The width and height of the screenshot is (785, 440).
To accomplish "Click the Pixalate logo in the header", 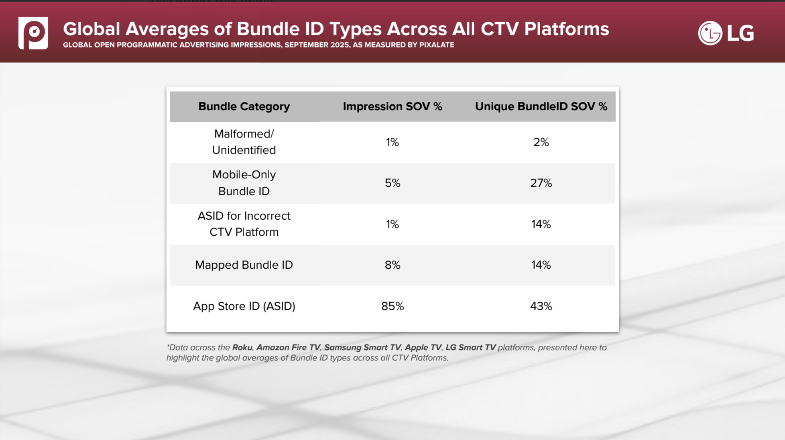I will tap(33, 33).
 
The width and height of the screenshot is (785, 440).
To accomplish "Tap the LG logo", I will tap(726, 33).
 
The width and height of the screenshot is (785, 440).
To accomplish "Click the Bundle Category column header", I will tap(244, 106).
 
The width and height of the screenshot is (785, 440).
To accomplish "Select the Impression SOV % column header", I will tap(392, 106).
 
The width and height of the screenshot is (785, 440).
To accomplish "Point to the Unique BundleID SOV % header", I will tap(541, 106).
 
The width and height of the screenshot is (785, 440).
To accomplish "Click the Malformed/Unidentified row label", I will tap(244, 142).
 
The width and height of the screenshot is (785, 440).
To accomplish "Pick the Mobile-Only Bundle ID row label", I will tap(244, 183).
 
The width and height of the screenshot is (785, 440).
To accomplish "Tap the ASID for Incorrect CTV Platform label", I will tap(244, 224).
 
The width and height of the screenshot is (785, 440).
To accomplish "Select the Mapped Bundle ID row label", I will tap(244, 265).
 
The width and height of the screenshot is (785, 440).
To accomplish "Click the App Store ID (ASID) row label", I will tap(244, 306).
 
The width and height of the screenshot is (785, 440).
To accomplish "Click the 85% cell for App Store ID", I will tap(392, 306).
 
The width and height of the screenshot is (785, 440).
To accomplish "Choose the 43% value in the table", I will tap(541, 306).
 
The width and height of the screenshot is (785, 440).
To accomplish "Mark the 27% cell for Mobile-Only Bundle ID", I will tap(541, 183).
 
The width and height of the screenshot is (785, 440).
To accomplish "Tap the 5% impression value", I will tap(392, 183).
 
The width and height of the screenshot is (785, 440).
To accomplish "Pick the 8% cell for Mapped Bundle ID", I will tap(392, 265).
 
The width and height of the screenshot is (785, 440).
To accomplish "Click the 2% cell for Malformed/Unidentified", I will tap(541, 142).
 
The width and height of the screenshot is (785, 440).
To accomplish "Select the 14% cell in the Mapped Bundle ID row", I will tap(541, 265).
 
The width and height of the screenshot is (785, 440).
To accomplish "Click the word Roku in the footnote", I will tap(242, 347).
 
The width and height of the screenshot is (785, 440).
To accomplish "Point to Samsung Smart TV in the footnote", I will tap(362, 347).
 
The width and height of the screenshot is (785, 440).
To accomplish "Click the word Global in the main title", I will tap(92, 29).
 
